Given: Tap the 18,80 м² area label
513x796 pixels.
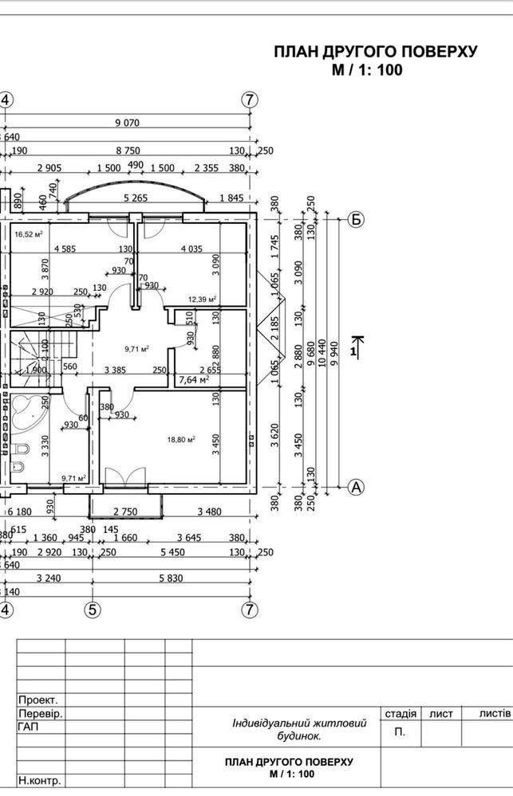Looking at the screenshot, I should click(181, 439).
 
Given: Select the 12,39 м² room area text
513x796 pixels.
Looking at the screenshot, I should click(203, 300).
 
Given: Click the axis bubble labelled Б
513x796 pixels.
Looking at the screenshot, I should click(357, 220).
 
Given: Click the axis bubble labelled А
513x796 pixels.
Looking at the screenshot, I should click(357, 486).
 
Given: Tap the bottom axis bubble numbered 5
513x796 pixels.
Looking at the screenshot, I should click(93, 610).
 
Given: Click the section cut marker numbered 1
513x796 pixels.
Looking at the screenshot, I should click(354, 347).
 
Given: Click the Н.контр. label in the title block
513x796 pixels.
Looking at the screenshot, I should click(40, 781).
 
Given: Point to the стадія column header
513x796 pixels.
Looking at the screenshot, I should click(400, 714).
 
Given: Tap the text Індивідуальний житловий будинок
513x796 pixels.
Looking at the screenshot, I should click(299, 730).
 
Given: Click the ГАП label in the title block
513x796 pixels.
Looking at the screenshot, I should click(28, 727).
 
